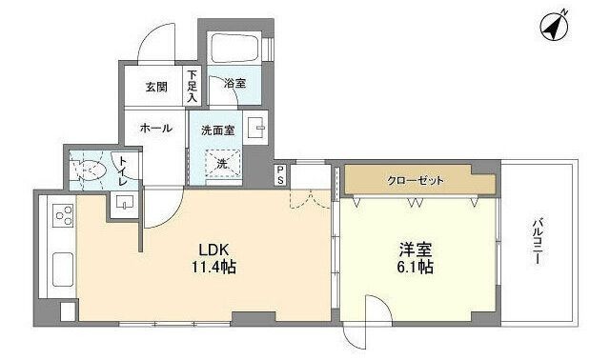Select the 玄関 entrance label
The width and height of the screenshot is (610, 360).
click(156, 87)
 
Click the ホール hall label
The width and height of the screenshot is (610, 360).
click(155, 127)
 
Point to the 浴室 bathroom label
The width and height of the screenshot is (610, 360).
click(234, 84)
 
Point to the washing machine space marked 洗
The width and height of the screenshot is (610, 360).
click(220, 164)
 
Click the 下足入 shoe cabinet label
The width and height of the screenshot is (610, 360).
click(192, 87)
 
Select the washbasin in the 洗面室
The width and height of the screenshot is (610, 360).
click(256, 127)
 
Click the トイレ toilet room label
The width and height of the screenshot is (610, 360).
click(123, 172)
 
